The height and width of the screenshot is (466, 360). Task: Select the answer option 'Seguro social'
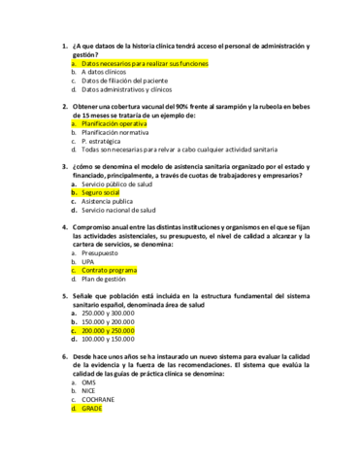(x=107, y=193)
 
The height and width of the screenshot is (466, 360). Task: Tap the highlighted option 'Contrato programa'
(x=110, y=270)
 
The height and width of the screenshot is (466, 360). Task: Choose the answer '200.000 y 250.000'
(x=109, y=331)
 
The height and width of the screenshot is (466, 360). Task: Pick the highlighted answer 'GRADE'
(x=92, y=408)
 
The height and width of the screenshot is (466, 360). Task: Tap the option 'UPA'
(x=90, y=261)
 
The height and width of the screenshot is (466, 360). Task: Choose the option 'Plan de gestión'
(x=105, y=279)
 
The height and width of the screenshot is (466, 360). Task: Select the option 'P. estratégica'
(x=103, y=142)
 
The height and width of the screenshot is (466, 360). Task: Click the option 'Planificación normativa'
(x=115, y=133)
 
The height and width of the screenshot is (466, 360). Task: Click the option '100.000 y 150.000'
(x=109, y=339)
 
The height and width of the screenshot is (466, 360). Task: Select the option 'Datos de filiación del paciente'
(x=124, y=81)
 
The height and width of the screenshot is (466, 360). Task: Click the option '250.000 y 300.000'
(x=109, y=314)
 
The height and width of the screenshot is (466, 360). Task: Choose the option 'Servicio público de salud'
(x=117, y=183)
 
